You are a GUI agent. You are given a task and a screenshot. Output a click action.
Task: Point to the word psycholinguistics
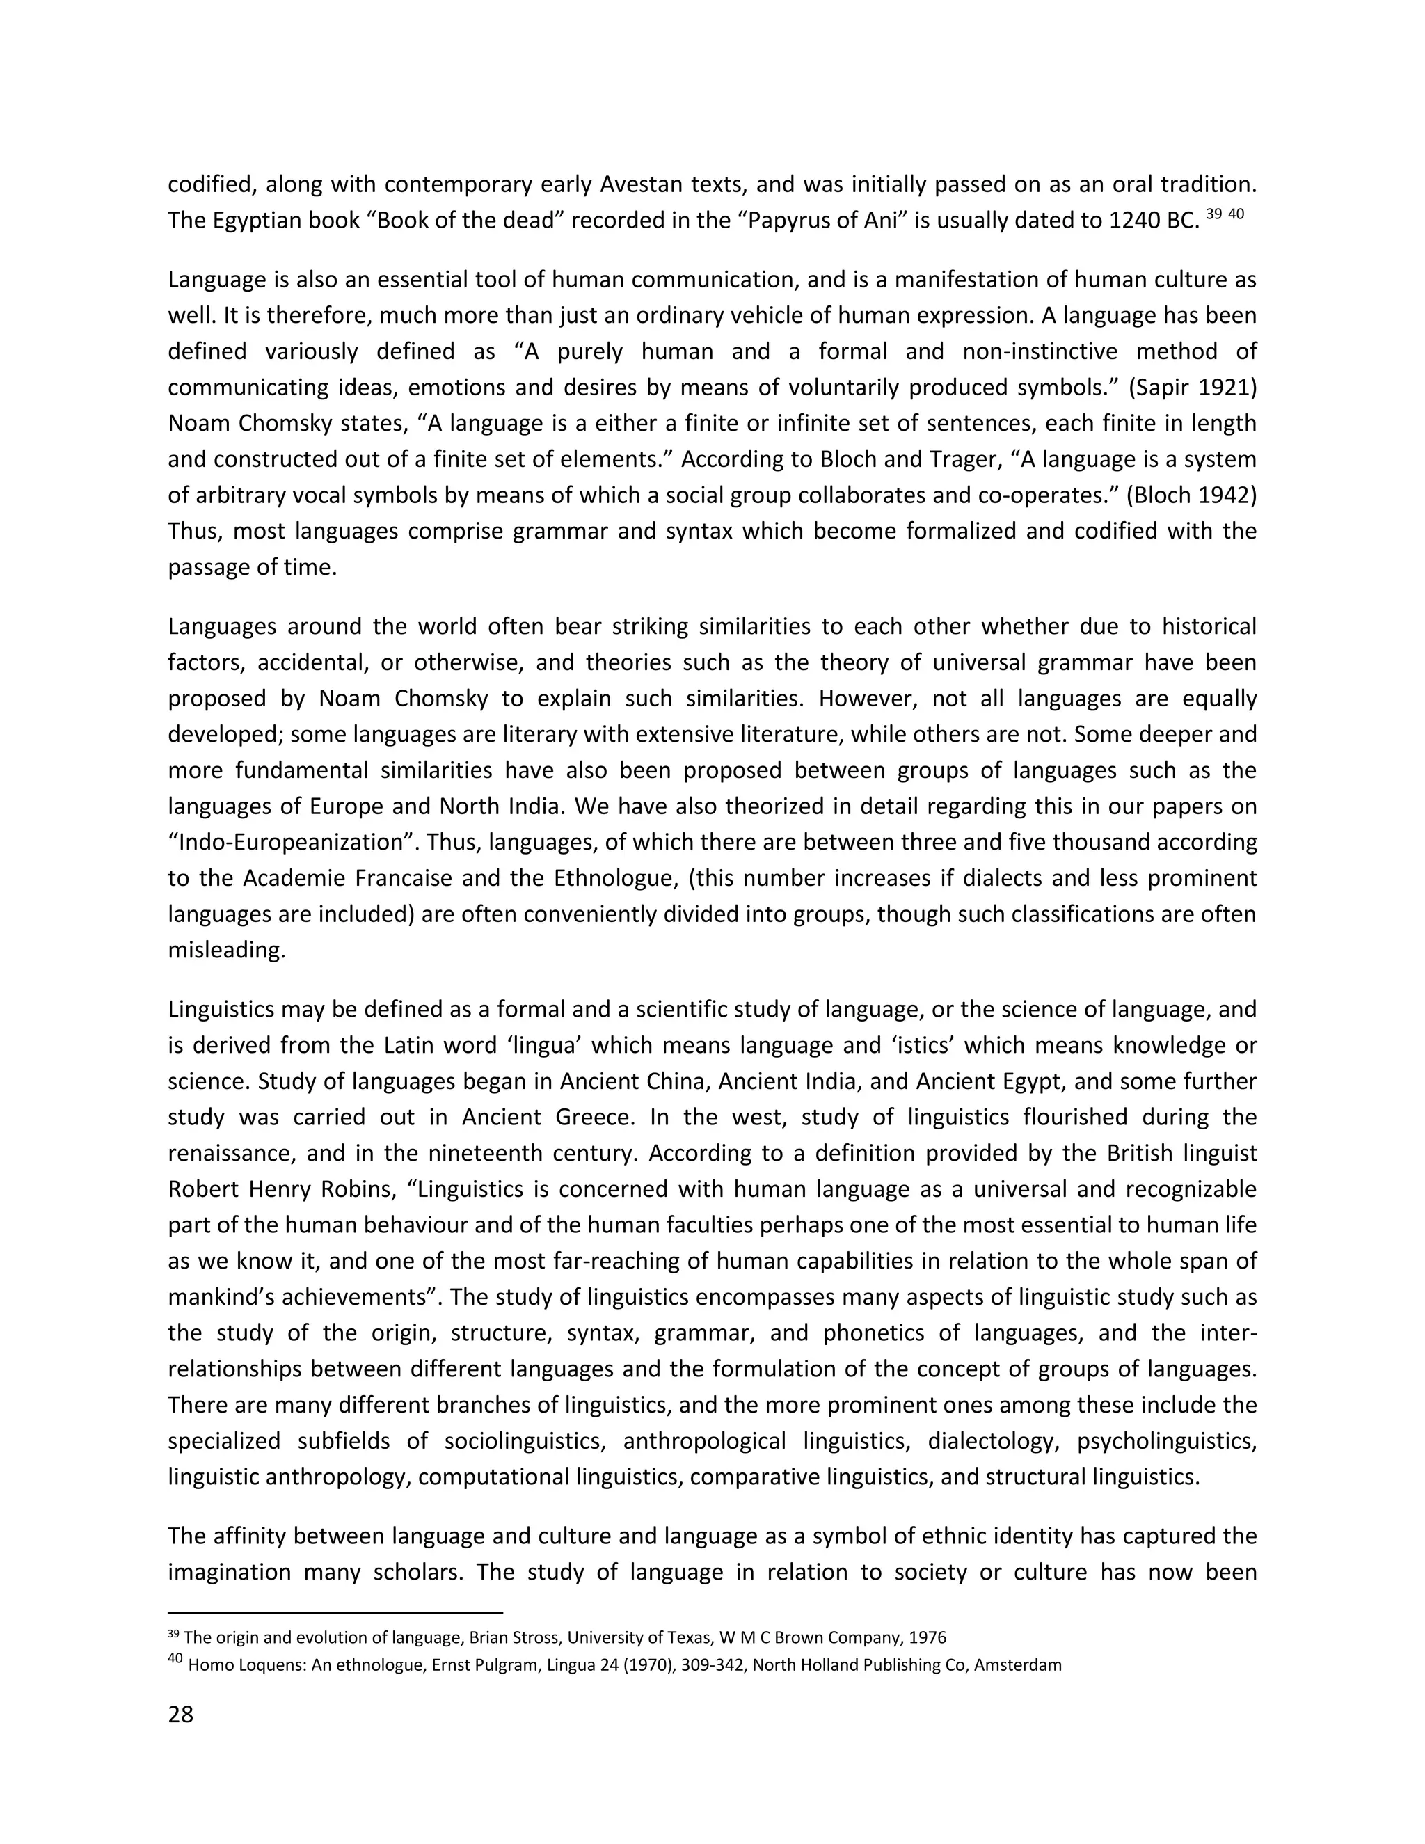point(1167,1441)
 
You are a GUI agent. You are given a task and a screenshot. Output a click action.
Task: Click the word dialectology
point(993,1441)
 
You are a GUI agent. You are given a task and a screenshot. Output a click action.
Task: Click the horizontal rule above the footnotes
point(335,1611)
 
